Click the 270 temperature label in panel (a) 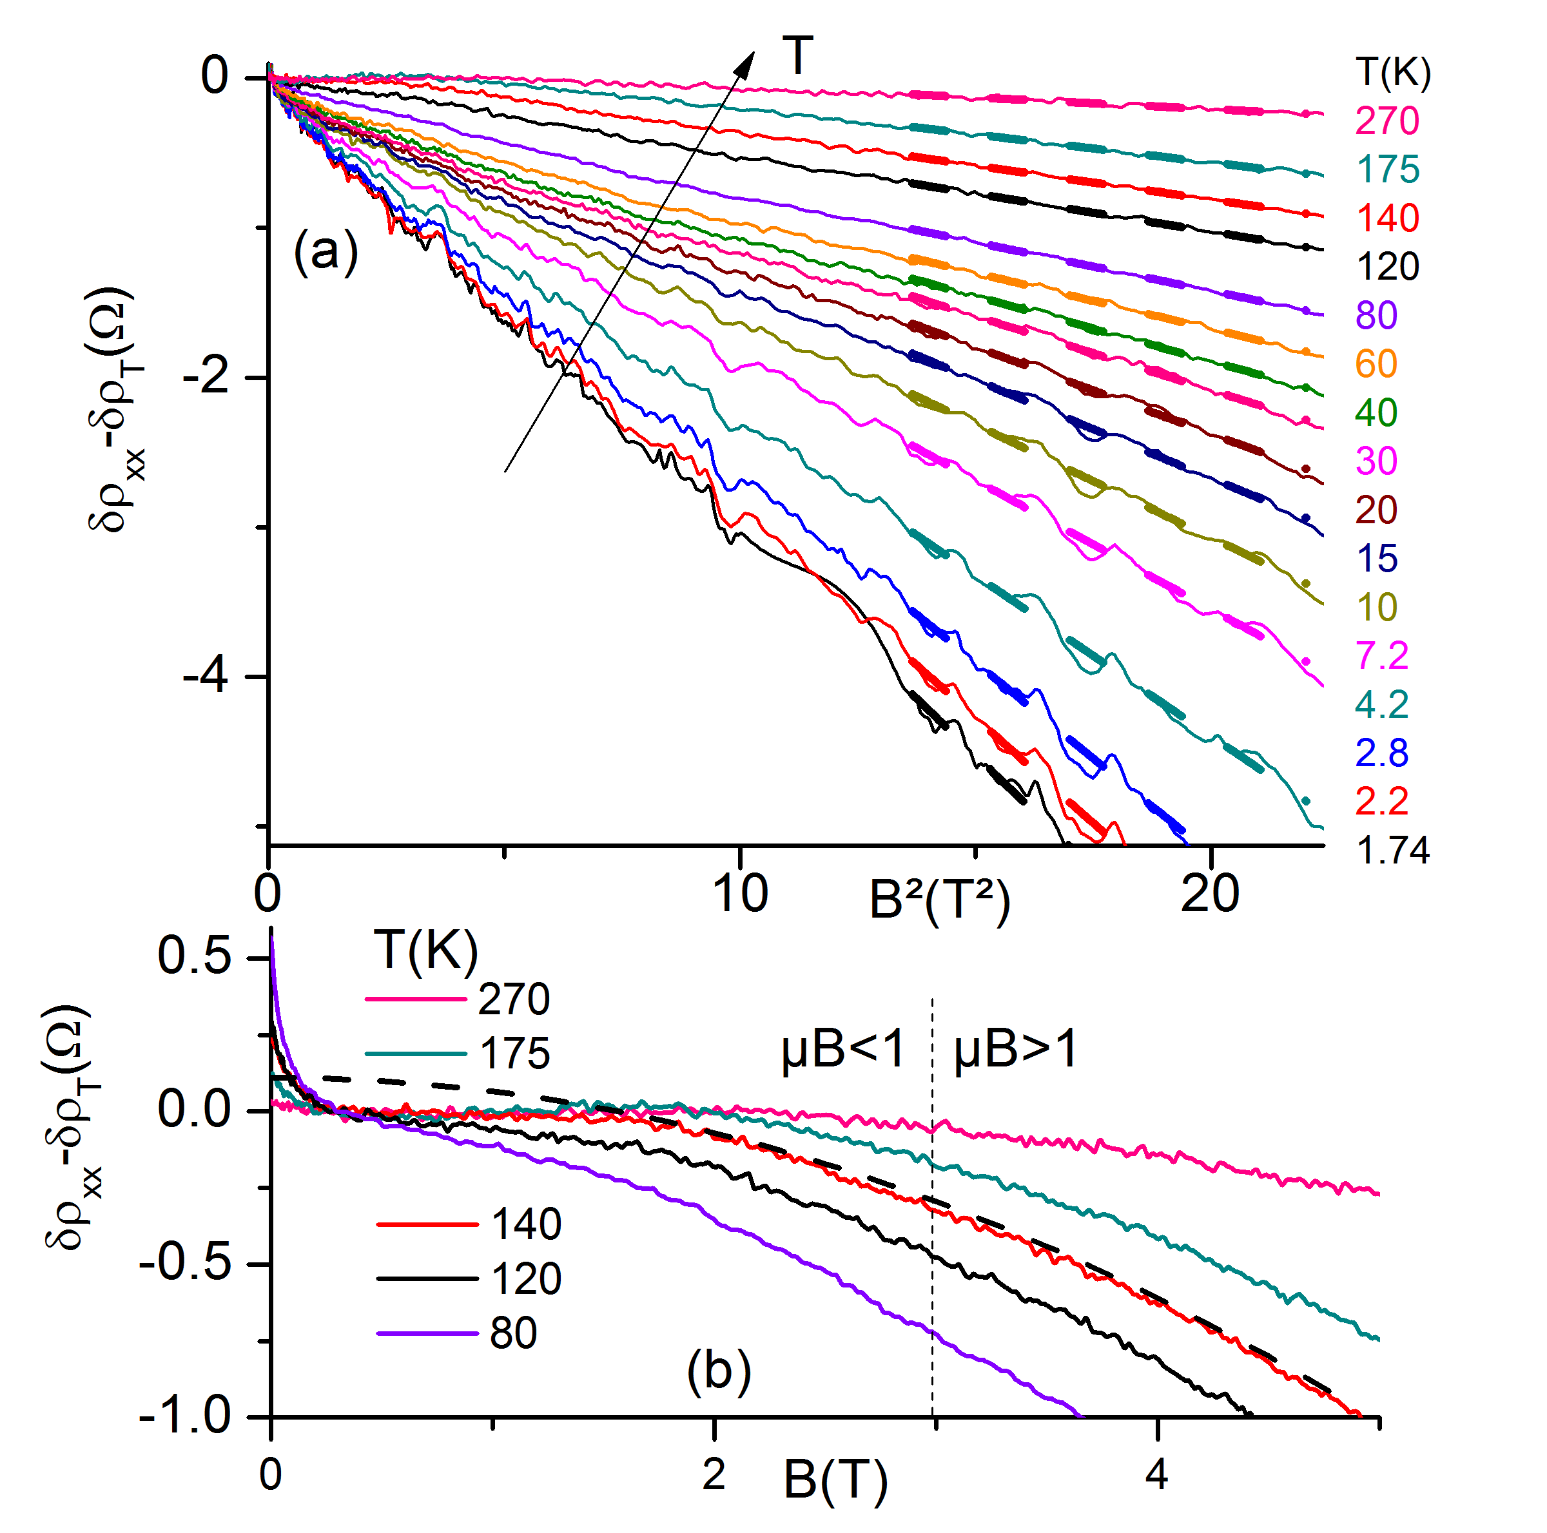(x=1387, y=121)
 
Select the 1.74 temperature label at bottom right (x=1392, y=850)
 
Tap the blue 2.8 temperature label (x=1381, y=753)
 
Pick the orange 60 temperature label (x=1376, y=364)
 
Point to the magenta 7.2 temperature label (x=1381, y=655)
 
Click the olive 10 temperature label (x=1376, y=608)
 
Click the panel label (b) (x=718, y=1371)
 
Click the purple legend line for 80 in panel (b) (x=427, y=1333)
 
